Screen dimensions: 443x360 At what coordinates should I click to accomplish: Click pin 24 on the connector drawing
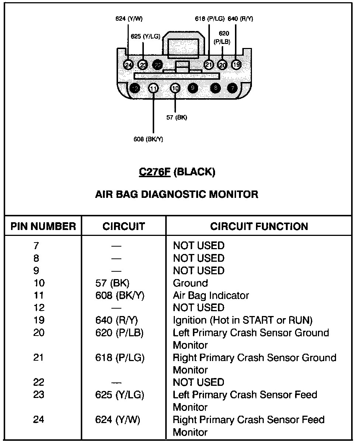tap(128, 65)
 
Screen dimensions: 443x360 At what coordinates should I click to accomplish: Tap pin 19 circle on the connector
tap(236, 65)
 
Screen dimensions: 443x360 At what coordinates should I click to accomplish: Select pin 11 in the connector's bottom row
tap(153, 88)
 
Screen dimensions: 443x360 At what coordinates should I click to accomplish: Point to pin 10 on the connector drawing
tap(175, 88)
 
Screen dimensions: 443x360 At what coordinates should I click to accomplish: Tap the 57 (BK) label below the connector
tap(177, 118)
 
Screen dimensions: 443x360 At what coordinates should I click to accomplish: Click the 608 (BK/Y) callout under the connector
tap(148, 139)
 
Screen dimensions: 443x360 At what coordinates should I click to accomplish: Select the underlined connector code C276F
tap(155, 172)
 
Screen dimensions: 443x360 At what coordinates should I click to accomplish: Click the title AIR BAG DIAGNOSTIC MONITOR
tap(177, 194)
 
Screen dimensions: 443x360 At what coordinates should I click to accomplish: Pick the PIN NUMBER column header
tap(43, 226)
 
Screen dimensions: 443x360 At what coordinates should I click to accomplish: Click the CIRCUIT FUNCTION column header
tap(259, 226)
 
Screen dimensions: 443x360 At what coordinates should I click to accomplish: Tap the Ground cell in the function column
tap(190, 283)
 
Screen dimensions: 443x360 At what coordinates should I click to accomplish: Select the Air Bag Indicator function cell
tap(211, 295)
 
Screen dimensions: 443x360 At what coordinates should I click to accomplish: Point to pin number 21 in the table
tap(38, 358)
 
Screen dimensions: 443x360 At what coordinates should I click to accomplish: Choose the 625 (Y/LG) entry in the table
tap(120, 395)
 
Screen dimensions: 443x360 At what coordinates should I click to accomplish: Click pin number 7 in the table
tap(36, 245)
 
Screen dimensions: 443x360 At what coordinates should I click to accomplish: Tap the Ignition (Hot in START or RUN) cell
tap(242, 320)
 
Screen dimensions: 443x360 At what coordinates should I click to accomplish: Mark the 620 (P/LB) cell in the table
tap(119, 333)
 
